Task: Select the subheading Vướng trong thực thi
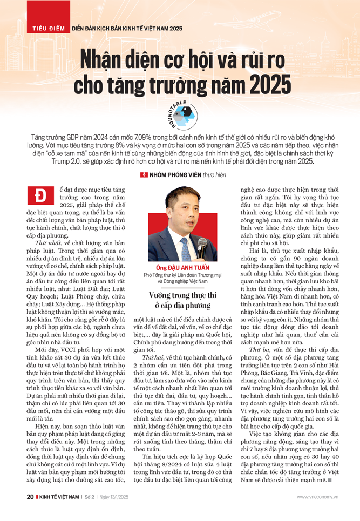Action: (x=180, y=295)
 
